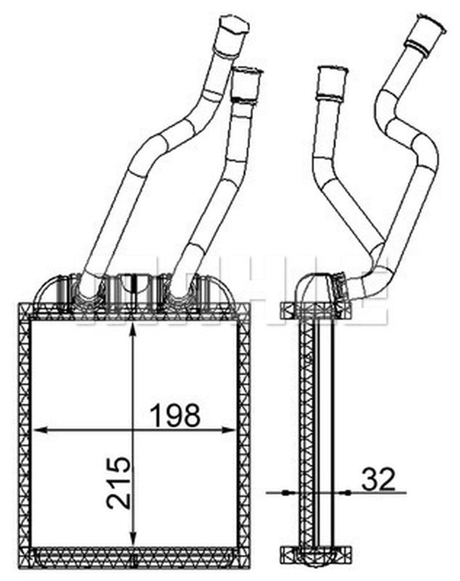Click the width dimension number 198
tap(176, 415)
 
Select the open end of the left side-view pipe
tap(333, 71)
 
